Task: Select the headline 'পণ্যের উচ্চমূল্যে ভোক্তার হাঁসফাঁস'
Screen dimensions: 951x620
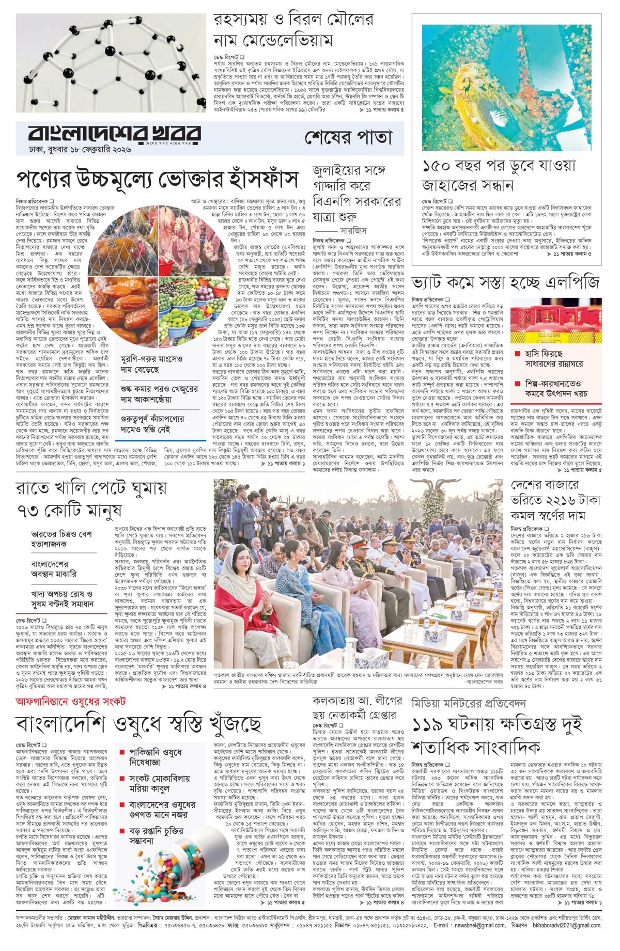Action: point(158,180)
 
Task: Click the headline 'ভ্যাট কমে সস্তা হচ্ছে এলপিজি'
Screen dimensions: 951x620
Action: point(505,283)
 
